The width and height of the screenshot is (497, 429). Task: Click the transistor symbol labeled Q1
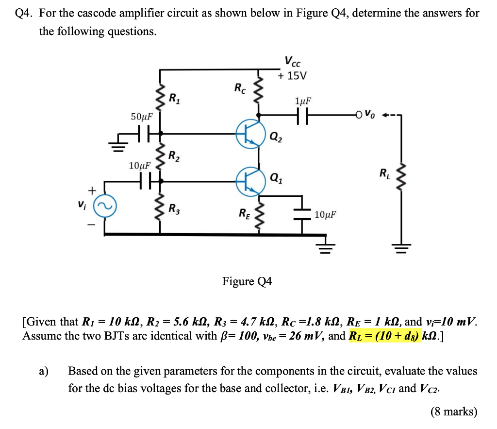(x=250, y=180)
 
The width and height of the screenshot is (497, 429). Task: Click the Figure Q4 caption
(x=247, y=281)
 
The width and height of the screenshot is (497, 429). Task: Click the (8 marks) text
(x=454, y=412)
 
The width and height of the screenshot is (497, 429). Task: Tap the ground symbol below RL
(x=401, y=249)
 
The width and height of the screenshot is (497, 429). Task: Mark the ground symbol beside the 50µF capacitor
(x=117, y=145)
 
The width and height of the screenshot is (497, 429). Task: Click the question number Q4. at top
(x=24, y=13)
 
